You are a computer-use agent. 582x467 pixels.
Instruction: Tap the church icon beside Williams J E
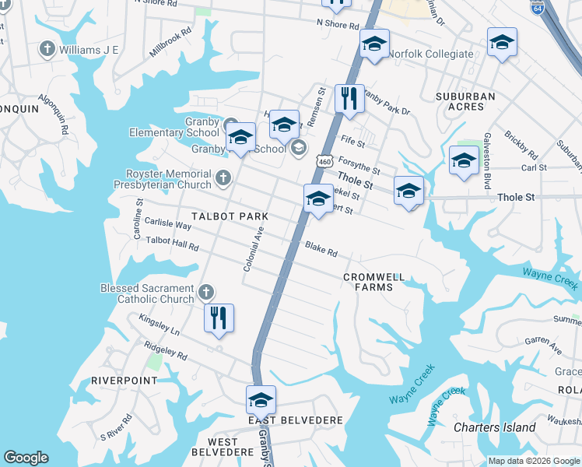(x=47, y=50)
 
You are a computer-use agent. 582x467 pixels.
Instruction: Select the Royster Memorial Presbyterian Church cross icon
(x=223, y=178)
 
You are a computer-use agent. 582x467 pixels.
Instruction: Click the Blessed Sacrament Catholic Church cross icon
(x=205, y=293)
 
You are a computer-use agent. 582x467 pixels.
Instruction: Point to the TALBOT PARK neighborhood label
(x=230, y=216)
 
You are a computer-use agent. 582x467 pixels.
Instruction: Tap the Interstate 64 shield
(x=537, y=8)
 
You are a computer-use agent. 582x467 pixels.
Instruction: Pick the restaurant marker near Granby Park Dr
(x=349, y=99)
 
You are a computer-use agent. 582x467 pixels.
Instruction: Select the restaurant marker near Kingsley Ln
(x=219, y=318)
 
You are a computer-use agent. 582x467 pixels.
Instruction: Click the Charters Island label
(x=495, y=427)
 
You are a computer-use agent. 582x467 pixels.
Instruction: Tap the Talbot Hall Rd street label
(x=172, y=244)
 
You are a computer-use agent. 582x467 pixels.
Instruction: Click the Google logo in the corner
(x=26, y=458)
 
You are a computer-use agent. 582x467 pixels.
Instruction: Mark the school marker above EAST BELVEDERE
(x=261, y=400)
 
